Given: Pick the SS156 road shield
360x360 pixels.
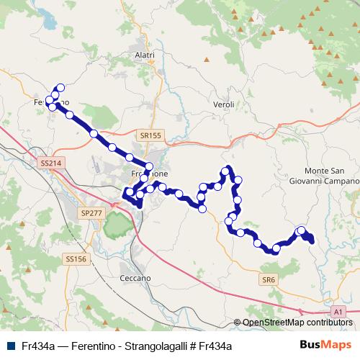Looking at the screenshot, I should tap(76, 258).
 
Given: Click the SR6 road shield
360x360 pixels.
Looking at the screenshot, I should tap(269, 279).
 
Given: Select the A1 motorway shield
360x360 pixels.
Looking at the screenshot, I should tap(338, 311).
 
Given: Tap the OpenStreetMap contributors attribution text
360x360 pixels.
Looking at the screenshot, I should tap(297, 323).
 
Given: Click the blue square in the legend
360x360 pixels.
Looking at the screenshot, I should tap(10, 346).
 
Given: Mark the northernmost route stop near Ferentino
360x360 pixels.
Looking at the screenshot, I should tap(60, 88).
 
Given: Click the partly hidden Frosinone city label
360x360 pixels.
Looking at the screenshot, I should tap(150, 174).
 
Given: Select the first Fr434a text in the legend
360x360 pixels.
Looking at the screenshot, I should tap(39, 346).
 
